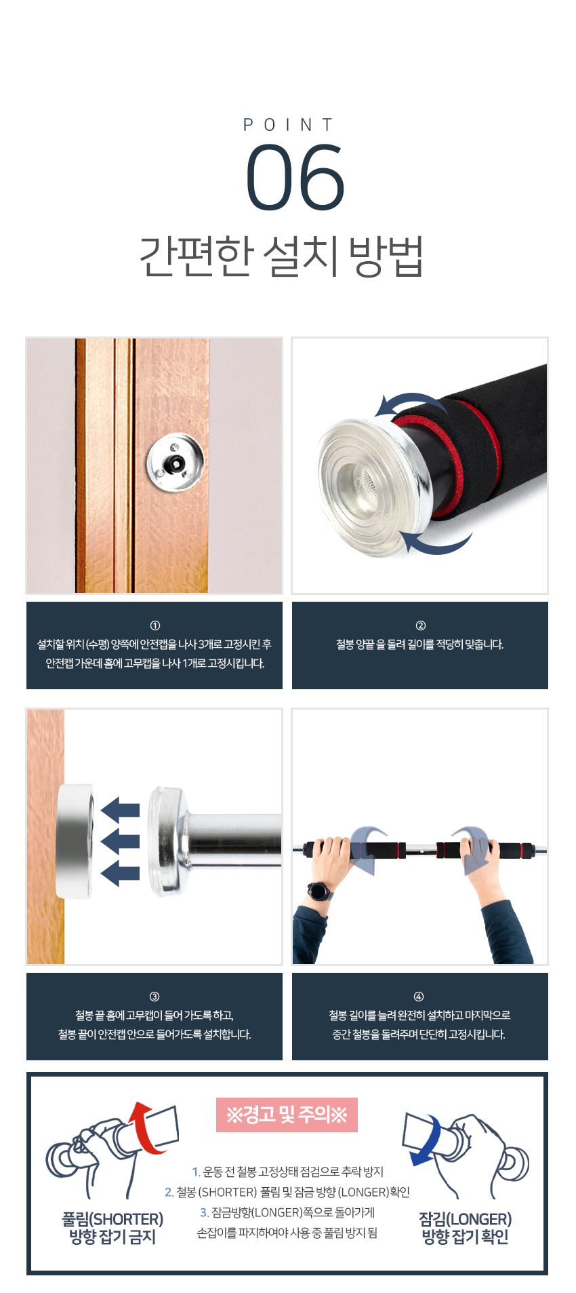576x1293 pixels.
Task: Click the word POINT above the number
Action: (288, 125)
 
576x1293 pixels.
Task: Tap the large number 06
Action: (295, 178)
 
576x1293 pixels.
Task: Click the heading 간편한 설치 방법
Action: (281, 256)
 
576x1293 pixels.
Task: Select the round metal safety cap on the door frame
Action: (175, 462)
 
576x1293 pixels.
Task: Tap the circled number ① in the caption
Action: (155, 625)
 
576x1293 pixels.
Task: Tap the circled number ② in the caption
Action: (420, 625)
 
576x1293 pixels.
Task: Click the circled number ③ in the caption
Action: (155, 997)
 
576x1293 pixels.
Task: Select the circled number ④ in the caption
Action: (419, 997)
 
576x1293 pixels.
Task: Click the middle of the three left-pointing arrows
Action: (120, 841)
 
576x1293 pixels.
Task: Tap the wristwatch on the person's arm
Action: (319, 891)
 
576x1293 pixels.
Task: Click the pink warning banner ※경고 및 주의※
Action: (287, 1115)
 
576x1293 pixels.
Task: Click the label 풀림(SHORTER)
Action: (112, 1219)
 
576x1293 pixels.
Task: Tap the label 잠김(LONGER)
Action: (465, 1219)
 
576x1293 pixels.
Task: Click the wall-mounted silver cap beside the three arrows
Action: (75, 841)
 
